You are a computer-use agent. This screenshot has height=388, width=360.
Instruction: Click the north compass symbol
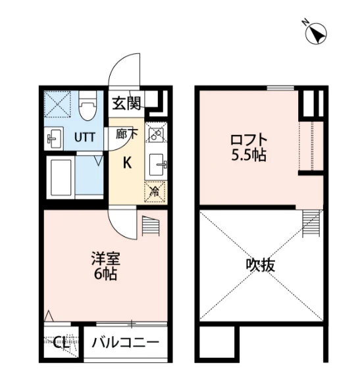315,33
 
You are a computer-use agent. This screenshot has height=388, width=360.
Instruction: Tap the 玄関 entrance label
126,103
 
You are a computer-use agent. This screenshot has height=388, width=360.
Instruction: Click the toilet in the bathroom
88,106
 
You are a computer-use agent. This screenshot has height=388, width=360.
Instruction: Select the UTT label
85,137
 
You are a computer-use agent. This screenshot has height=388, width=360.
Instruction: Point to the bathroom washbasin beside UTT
54,138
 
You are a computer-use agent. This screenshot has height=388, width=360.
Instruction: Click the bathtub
61,177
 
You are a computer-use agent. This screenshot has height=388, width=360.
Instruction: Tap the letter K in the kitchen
127,163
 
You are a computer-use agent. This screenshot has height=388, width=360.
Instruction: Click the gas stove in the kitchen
156,132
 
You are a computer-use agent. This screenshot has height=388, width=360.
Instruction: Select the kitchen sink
157,164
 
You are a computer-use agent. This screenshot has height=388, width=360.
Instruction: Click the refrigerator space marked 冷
155,192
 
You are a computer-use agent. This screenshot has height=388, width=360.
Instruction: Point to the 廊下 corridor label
127,134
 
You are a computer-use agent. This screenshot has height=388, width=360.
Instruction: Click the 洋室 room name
106,258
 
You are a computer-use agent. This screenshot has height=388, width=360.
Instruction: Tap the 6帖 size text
105,273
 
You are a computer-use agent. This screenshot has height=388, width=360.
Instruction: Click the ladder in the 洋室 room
151,226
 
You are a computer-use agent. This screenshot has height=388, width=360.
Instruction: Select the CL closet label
61,343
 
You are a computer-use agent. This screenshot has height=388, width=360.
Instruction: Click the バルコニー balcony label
125,343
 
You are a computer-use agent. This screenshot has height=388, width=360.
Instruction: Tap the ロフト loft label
249,140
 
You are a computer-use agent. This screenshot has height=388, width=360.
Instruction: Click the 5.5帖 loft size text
249,155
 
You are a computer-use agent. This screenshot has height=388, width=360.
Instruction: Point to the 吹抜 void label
261,265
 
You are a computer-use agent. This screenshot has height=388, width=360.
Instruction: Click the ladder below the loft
311,224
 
